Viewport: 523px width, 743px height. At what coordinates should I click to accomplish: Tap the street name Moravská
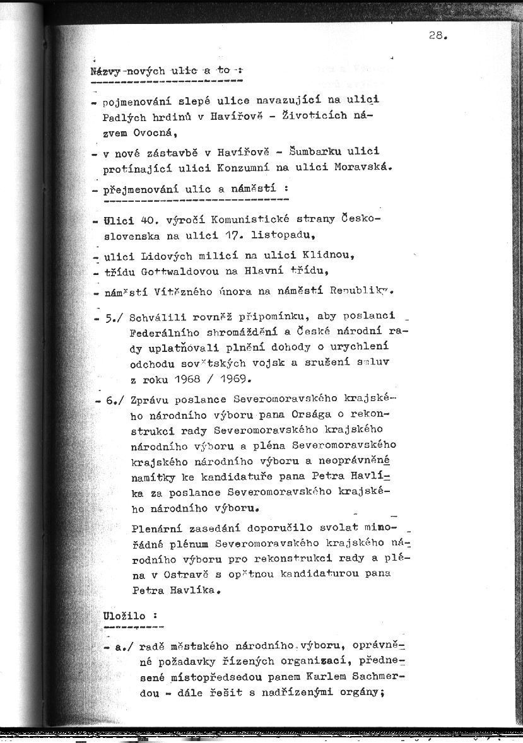coord(361,168)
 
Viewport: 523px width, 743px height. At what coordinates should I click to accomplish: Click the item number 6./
coord(114,401)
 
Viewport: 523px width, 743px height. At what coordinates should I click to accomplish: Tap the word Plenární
coord(158,527)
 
